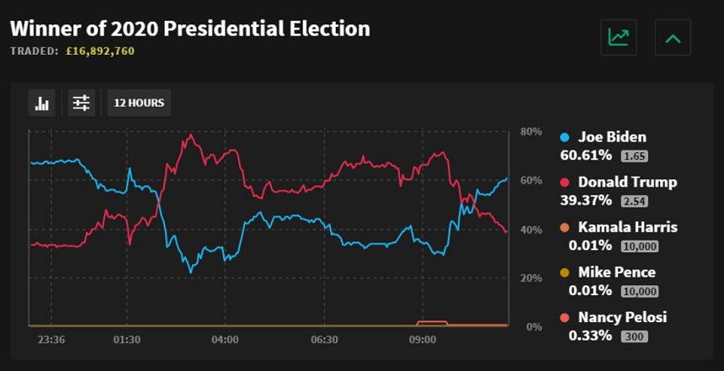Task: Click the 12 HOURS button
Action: pyautogui.click(x=139, y=103)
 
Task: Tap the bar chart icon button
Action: pyautogui.click(x=42, y=103)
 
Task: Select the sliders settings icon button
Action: pyautogui.click(x=82, y=103)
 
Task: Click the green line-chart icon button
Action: pyautogui.click(x=619, y=37)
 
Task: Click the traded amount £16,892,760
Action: pyautogui.click(x=99, y=50)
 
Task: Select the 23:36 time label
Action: pyautogui.click(x=51, y=340)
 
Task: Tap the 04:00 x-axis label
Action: pyautogui.click(x=225, y=340)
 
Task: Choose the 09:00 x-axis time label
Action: pyautogui.click(x=423, y=340)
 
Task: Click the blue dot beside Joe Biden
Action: pyautogui.click(x=564, y=137)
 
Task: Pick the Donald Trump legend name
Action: pyautogui.click(x=627, y=182)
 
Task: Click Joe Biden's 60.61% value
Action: pyautogui.click(x=586, y=155)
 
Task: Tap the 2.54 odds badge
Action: pyautogui.click(x=635, y=201)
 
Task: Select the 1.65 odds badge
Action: pyautogui.click(x=635, y=156)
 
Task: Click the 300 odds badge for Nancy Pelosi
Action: pyautogui.click(x=635, y=337)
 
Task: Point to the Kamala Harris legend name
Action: pyautogui.click(x=627, y=227)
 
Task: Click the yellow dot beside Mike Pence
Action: pyautogui.click(x=564, y=273)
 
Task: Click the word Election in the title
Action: pyautogui.click(x=330, y=29)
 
